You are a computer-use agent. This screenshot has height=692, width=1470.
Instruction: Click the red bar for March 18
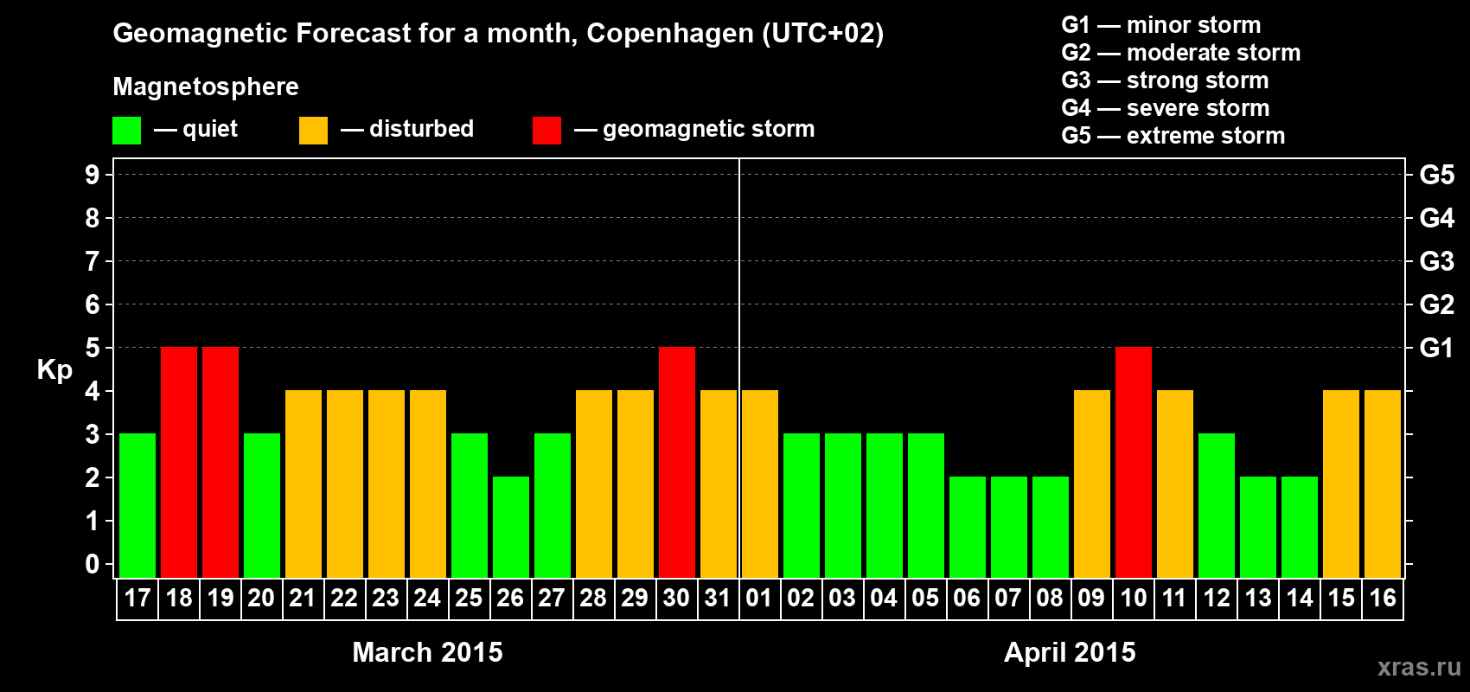[x=179, y=462]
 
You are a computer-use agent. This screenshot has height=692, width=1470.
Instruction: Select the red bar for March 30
[x=677, y=462]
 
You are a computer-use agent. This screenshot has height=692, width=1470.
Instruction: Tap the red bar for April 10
[x=1134, y=462]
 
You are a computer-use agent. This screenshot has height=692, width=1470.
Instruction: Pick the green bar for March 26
[x=511, y=527]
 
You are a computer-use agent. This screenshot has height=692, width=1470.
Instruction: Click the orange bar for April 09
[x=1092, y=484]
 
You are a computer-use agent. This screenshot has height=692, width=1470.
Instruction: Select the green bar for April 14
[x=1300, y=527]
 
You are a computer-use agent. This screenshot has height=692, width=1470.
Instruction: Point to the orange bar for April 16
[x=1383, y=484]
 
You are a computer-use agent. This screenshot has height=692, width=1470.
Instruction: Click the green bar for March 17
[x=137, y=505]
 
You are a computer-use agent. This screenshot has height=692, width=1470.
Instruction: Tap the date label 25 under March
[x=469, y=599]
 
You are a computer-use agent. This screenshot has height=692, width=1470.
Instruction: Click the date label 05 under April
[x=925, y=599]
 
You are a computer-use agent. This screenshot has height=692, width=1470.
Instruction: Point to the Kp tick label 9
[x=93, y=175]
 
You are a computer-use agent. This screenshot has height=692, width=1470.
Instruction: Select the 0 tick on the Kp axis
[x=93, y=564]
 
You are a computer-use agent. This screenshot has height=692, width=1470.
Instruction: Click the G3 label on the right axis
[x=1436, y=261]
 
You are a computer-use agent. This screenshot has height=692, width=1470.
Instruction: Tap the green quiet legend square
[x=127, y=131]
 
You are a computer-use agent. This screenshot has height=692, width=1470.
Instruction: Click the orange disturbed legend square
[x=313, y=131]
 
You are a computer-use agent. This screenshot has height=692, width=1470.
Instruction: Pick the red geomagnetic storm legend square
[x=546, y=131]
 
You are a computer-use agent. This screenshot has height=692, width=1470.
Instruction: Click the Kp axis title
[x=54, y=369]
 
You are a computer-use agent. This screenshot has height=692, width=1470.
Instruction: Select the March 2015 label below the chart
[x=427, y=652]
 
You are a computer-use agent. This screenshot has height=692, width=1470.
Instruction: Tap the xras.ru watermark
[x=1418, y=667]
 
